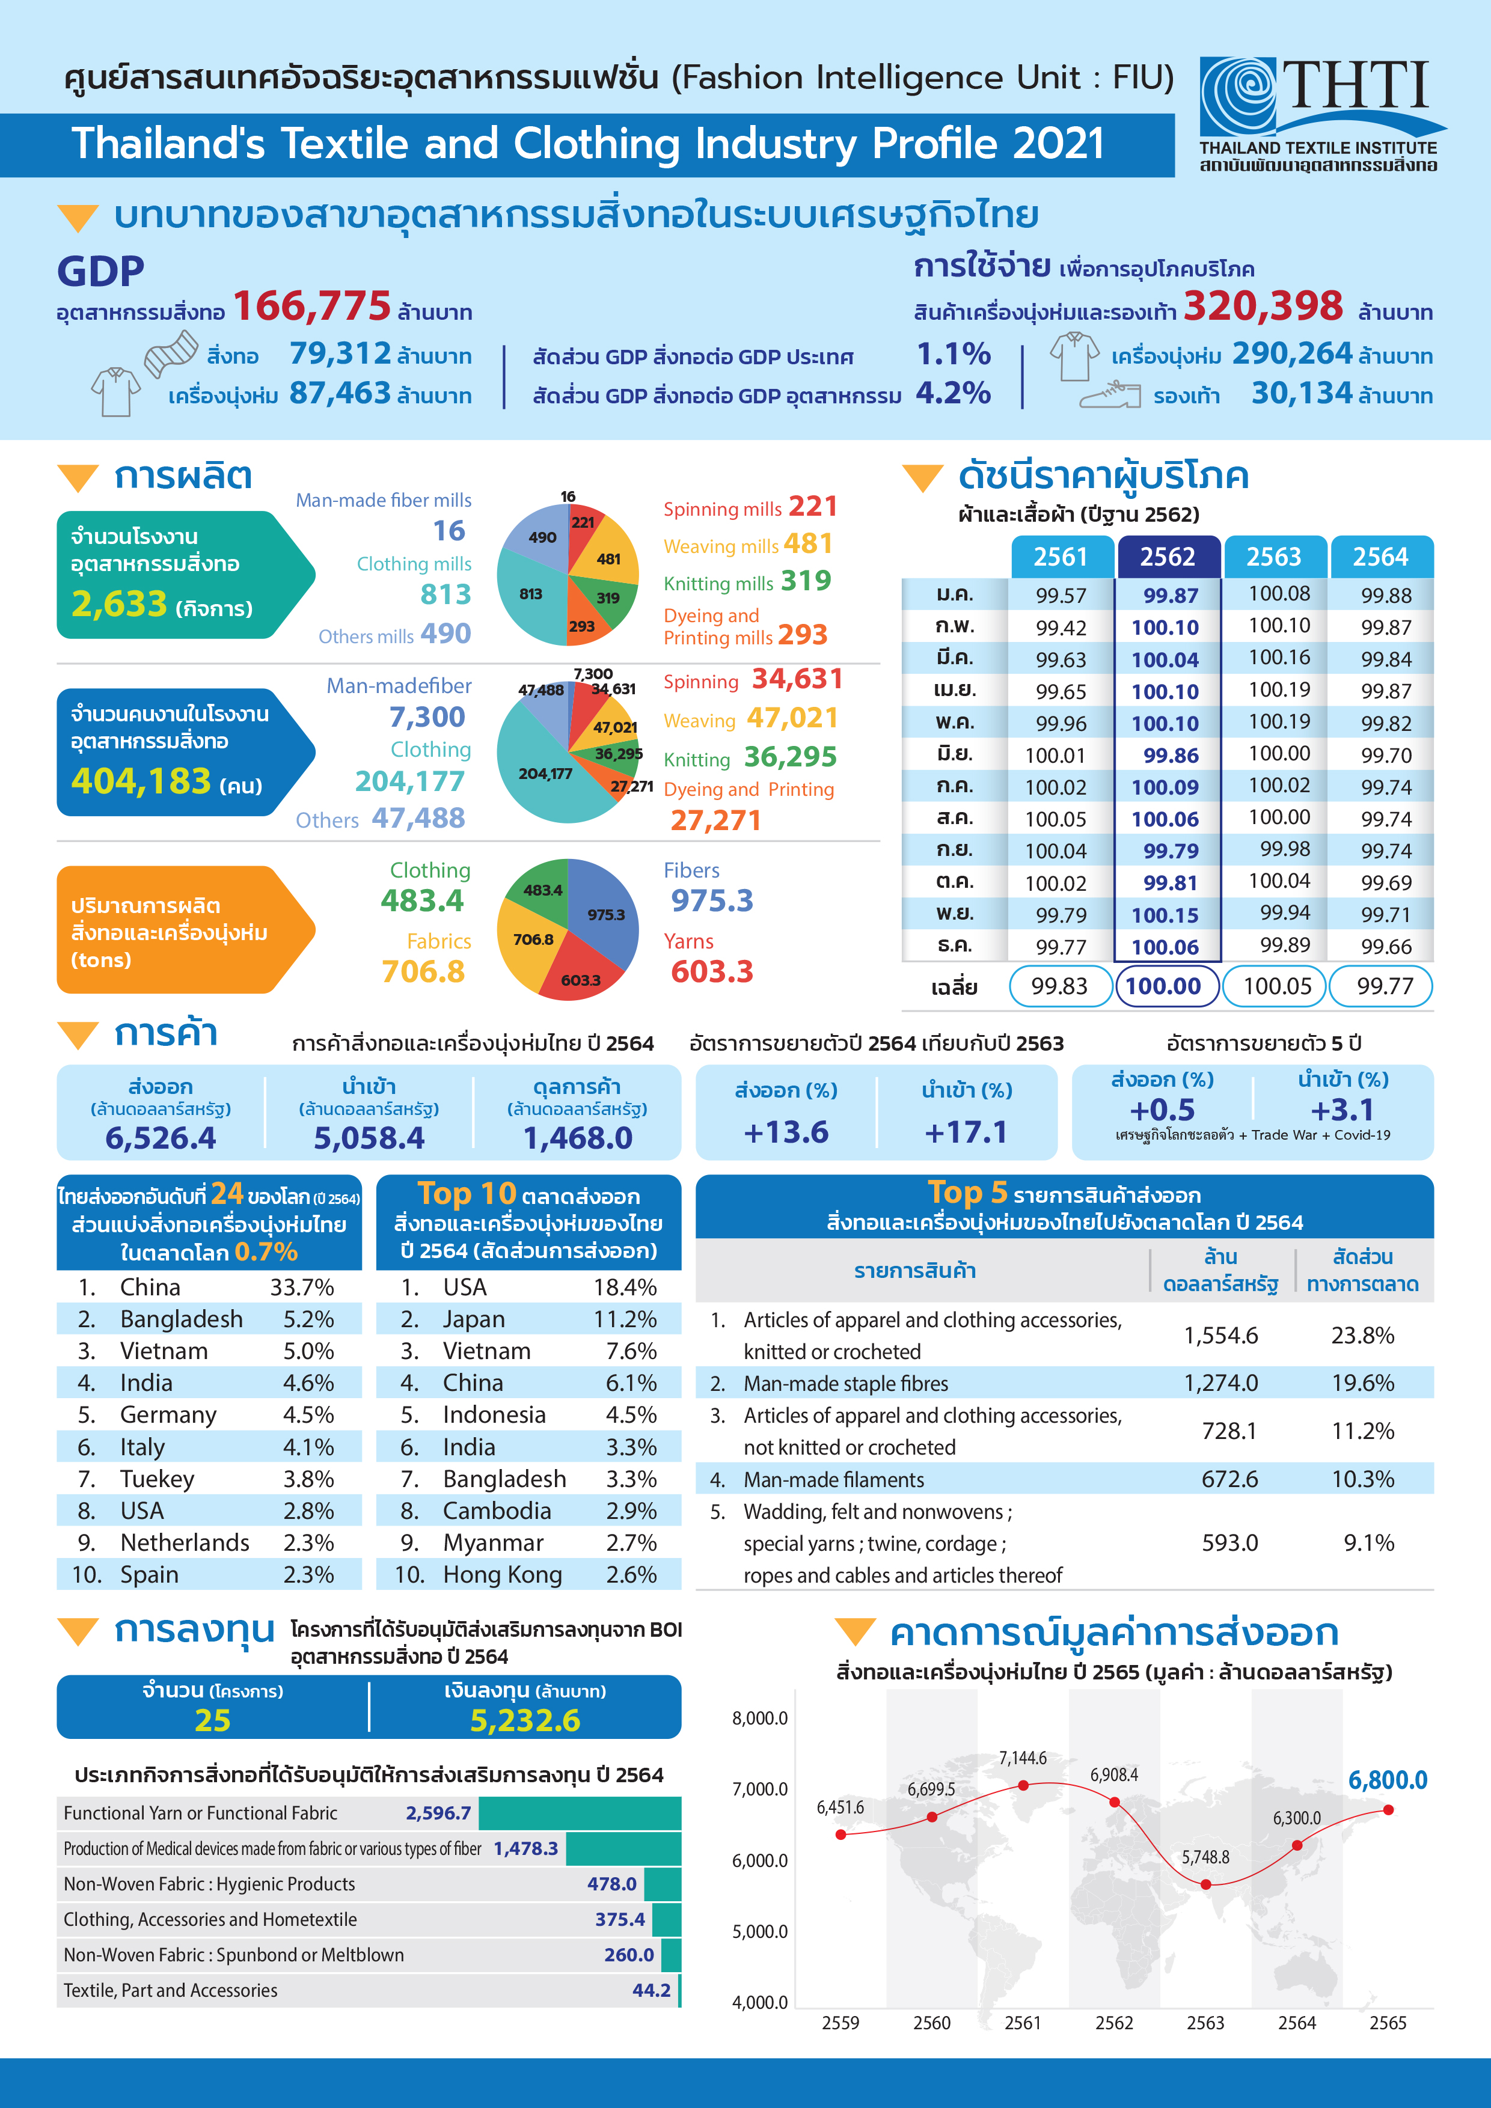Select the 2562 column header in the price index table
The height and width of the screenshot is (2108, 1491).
[1167, 557]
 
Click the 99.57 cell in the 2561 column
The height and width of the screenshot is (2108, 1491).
[1061, 596]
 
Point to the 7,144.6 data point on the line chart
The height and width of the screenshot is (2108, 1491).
[1023, 1785]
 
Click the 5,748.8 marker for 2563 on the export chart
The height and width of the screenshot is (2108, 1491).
[1205, 1884]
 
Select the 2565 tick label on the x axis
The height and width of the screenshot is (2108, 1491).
[1387, 2023]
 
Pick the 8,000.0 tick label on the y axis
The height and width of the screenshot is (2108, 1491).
[760, 1718]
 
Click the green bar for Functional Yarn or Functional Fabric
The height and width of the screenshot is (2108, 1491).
[580, 1813]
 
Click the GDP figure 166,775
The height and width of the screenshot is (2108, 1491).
[312, 307]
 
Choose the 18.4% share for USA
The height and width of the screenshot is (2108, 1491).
[624, 1287]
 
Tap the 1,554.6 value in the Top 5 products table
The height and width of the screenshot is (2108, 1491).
[1220, 1335]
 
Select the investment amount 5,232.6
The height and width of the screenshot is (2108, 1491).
[525, 1720]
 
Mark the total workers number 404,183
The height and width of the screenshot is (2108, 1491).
[141, 781]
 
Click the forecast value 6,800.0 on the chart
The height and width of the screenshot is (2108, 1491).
[1386, 1780]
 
